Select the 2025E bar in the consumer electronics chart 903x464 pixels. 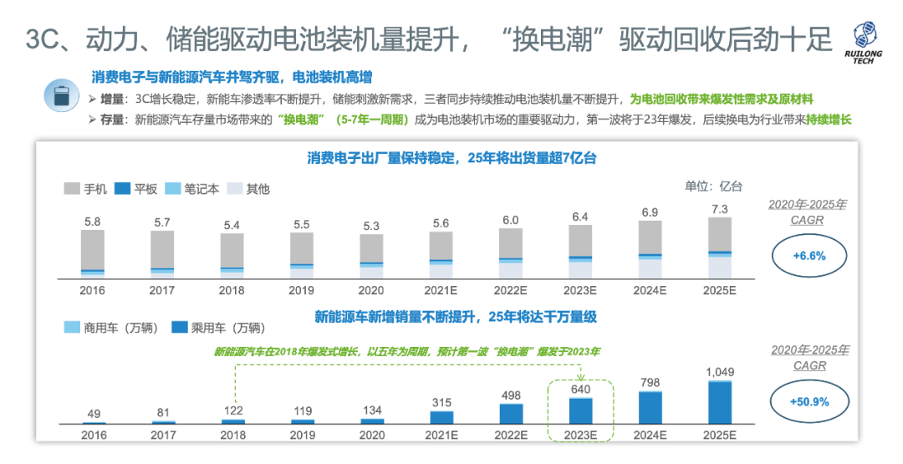(x=719, y=247)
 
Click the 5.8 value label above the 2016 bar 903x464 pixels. (x=93, y=222)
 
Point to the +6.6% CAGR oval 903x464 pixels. (x=809, y=256)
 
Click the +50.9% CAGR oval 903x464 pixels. (x=809, y=401)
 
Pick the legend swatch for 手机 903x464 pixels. (x=73, y=189)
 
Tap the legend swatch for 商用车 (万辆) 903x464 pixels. (x=73, y=329)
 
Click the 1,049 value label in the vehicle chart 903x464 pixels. (x=719, y=371)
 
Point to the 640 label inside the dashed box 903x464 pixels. (x=580, y=387)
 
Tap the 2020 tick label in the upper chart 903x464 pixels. (x=371, y=291)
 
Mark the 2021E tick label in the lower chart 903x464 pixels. (x=441, y=436)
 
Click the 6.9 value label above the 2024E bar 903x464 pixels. (x=650, y=212)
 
